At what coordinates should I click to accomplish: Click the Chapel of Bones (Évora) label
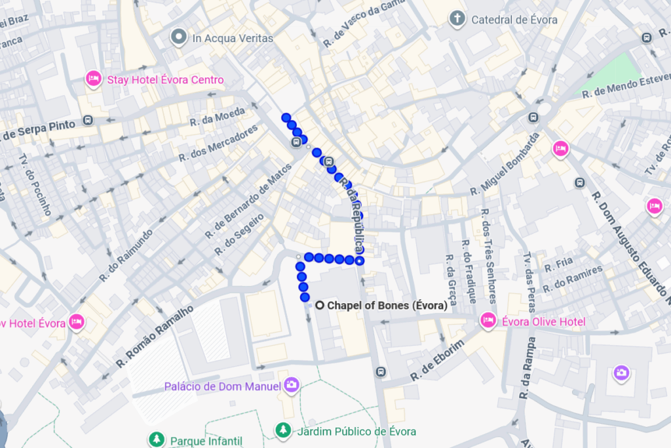pyautogui.click(x=387, y=306)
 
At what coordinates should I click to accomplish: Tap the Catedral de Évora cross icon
pyautogui.click(x=457, y=18)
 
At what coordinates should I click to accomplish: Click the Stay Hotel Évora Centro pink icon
pyautogui.click(x=93, y=79)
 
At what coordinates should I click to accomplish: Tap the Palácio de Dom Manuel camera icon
pyautogui.click(x=292, y=385)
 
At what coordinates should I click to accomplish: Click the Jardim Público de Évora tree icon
pyautogui.click(x=282, y=430)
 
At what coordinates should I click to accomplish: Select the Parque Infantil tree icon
pyautogui.click(x=156, y=439)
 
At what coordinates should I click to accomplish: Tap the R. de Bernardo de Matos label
pyautogui.click(x=248, y=201)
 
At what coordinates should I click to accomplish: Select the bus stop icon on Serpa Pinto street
pyautogui.click(x=88, y=121)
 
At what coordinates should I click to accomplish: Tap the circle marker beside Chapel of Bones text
pyautogui.click(x=320, y=306)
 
